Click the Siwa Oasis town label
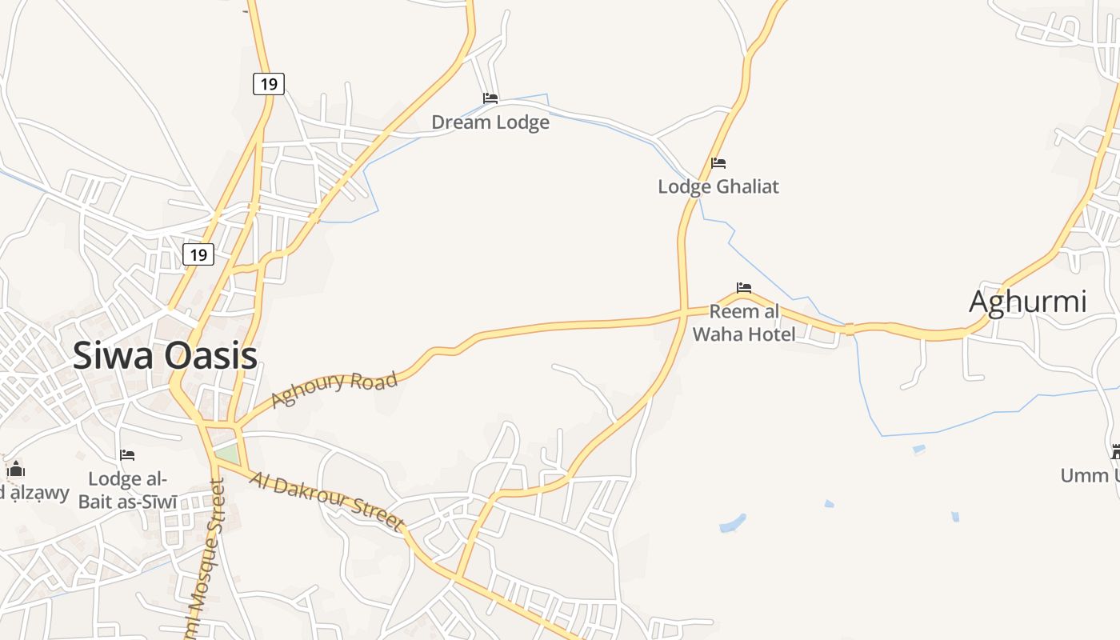[x=165, y=356]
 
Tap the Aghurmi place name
[x=1027, y=302]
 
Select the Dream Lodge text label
[x=490, y=122]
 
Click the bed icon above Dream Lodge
[x=490, y=98]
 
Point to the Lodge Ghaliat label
[x=718, y=186]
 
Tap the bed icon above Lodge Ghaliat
[x=718, y=163]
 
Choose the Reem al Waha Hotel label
[x=744, y=322]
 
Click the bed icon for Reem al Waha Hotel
[x=744, y=288]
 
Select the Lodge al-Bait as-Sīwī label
[x=128, y=490]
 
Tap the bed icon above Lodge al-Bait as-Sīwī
[x=127, y=455]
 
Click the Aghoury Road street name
[x=334, y=389]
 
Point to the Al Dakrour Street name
[x=326, y=501]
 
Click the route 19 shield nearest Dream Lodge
[x=269, y=83]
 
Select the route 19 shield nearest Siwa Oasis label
[x=198, y=255]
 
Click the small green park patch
[x=227, y=454]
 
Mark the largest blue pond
[x=732, y=524]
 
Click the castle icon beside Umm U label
[x=1116, y=452]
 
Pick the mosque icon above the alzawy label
[x=16, y=468]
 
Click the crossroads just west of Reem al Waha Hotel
[x=684, y=310]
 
